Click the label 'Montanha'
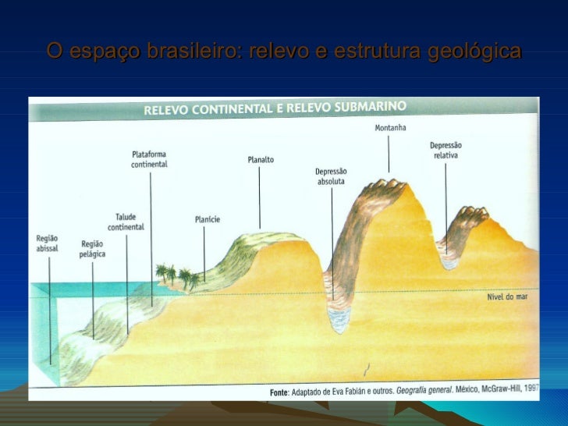(390, 127)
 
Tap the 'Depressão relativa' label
(446, 150)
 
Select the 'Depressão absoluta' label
(331, 176)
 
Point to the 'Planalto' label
(261, 159)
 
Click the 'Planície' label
(207, 219)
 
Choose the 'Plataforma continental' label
(149, 159)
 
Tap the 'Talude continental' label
(126, 222)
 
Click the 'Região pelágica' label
(92, 249)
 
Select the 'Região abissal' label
(47, 243)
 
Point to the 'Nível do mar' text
(506, 297)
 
